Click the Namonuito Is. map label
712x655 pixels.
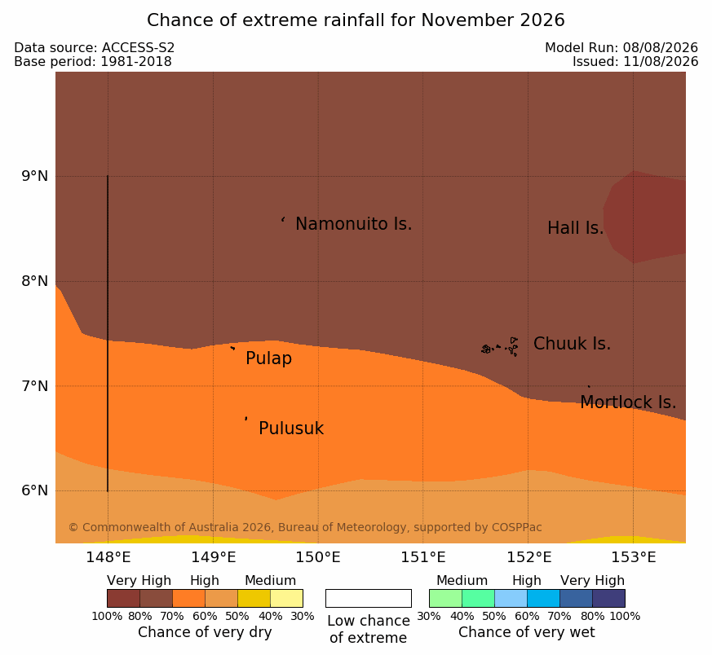(354, 224)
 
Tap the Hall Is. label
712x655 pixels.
(575, 228)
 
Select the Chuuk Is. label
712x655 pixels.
(572, 344)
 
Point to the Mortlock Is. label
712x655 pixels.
(628, 402)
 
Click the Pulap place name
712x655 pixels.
(268, 358)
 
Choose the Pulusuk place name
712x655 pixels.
(291, 429)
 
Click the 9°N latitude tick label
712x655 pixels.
(34, 176)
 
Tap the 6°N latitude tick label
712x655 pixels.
(34, 490)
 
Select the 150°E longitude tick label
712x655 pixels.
(318, 557)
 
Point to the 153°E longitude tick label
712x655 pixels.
(634, 557)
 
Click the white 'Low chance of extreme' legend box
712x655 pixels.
(369, 598)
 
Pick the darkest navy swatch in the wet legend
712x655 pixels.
(608, 598)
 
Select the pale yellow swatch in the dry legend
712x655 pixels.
(286, 598)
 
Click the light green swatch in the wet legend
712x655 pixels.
(445, 598)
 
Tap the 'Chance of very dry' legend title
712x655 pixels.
(205, 632)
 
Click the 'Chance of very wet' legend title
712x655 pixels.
(526, 632)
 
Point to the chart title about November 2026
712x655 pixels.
(356, 20)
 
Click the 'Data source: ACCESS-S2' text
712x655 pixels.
(95, 48)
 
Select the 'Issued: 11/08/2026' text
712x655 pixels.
(635, 62)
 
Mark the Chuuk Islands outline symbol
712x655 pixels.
(500, 347)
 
